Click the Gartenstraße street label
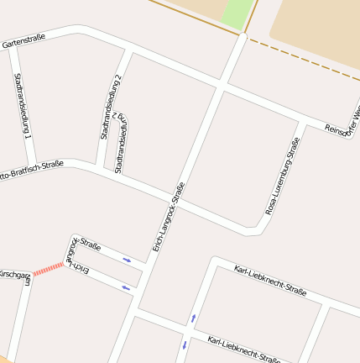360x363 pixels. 23,39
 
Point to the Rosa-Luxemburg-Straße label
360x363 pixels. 283,176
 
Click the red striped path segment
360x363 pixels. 48,268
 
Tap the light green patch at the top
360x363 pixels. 238,13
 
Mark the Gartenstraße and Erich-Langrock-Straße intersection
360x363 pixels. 221,87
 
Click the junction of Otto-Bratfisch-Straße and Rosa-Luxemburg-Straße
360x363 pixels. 255,228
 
